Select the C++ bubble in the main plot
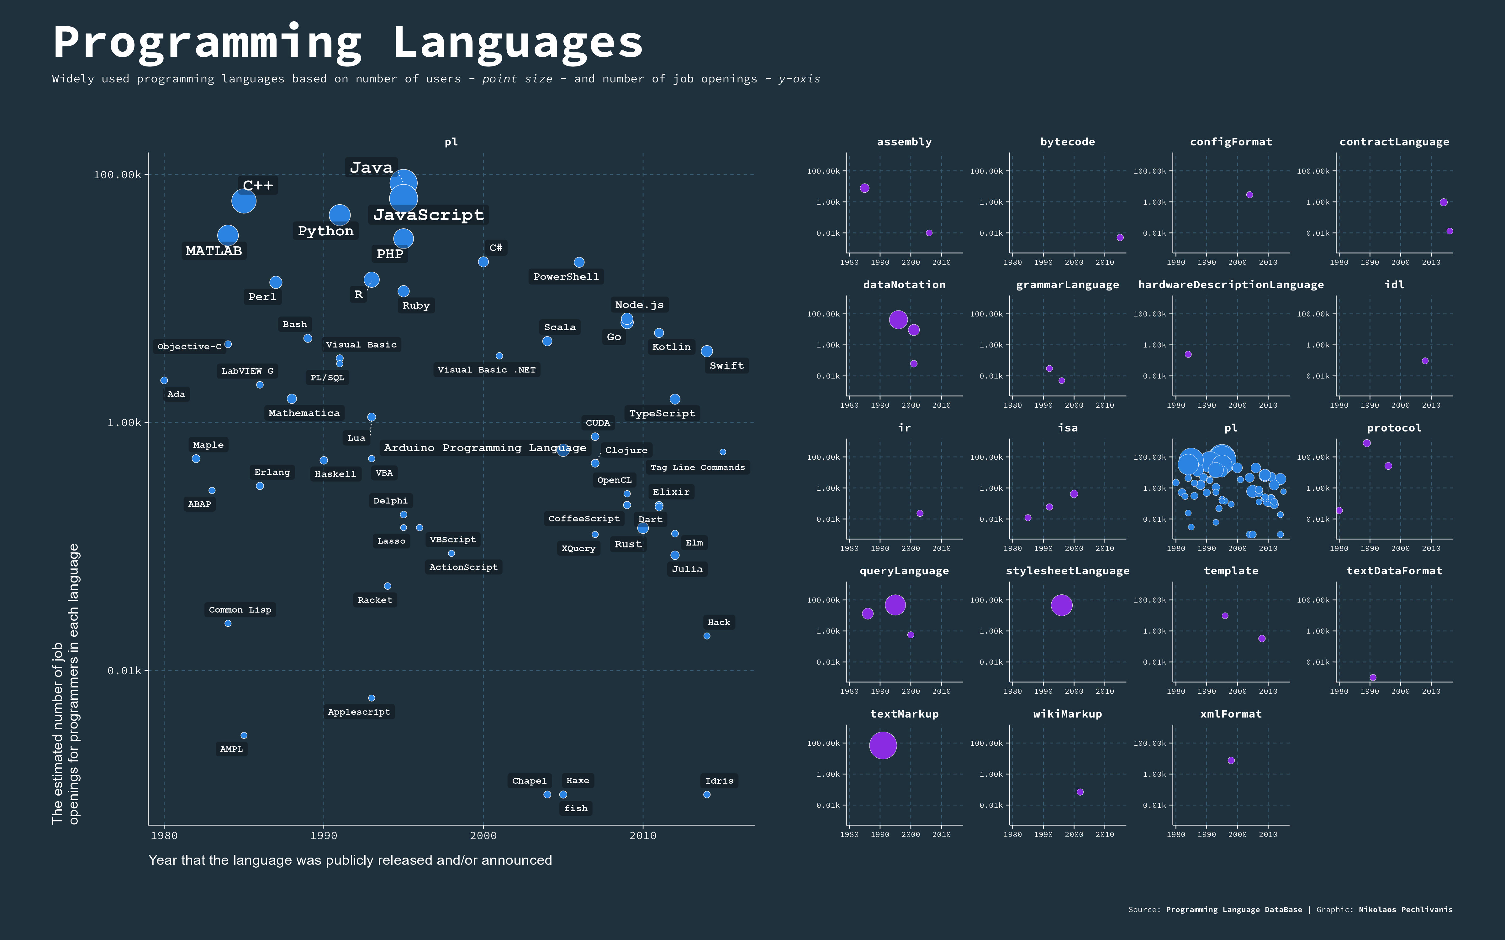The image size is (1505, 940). coord(244,201)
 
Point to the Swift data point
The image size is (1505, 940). coord(706,351)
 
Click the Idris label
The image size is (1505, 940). coord(719,781)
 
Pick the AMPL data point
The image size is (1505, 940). coord(244,735)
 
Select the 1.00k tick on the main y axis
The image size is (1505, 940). coord(124,423)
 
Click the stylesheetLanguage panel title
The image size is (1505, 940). coord(1067,571)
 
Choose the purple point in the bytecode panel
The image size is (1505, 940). coord(1120,238)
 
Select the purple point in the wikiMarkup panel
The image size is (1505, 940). coord(1080,792)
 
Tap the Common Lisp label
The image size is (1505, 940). coord(240,610)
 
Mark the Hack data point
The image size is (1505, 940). coord(706,636)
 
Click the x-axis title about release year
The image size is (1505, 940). coord(350,860)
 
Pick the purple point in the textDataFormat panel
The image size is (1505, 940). coord(1373,678)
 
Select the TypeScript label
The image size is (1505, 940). coord(662,413)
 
